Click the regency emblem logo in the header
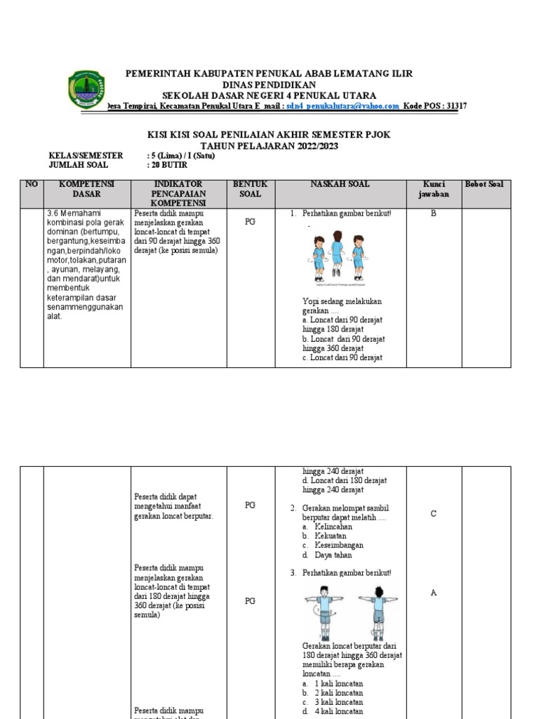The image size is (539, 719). pyautogui.click(x=87, y=89)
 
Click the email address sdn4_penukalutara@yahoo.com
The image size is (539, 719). pyautogui.click(x=343, y=106)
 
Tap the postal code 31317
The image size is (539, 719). pyautogui.click(x=453, y=106)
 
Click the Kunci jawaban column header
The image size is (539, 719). pyautogui.click(x=433, y=190)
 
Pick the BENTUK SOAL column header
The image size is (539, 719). pyautogui.click(x=250, y=189)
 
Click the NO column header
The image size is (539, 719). pyautogui.click(x=31, y=185)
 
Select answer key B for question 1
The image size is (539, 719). pyautogui.click(x=433, y=213)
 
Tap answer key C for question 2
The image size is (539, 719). pyautogui.click(x=433, y=514)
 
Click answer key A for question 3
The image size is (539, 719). pyautogui.click(x=433, y=593)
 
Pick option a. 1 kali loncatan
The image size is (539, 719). pyautogui.click(x=333, y=683)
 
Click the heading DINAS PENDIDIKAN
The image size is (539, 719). pyautogui.click(x=269, y=84)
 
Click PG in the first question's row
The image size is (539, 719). pyautogui.click(x=250, y=221)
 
